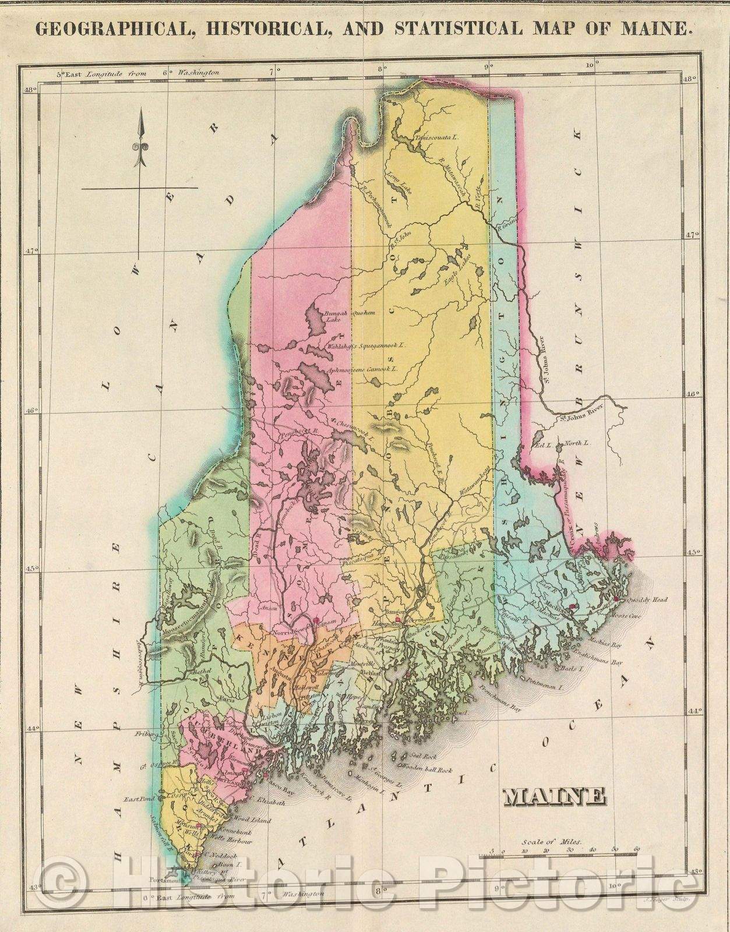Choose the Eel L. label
pyautogui.click(x=543, y=444)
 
